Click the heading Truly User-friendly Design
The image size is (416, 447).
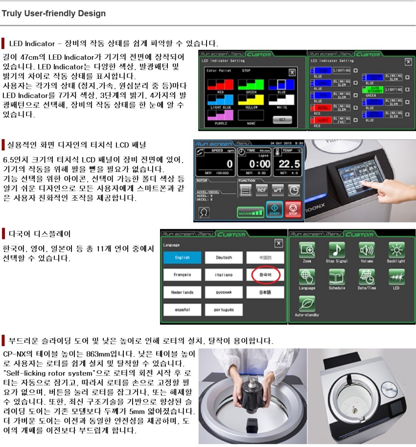click(54, 13)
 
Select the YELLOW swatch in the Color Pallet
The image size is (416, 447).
click(251, 99)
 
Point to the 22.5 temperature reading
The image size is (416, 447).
click(289, 164)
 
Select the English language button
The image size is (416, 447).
click(182, 258)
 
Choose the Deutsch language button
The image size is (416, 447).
click(224, 258)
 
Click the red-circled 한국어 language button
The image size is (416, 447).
click(265, 275)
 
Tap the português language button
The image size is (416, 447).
click(224, 309)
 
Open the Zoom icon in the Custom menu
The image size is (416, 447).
click(307, 251)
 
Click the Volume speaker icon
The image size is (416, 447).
click(367, 251)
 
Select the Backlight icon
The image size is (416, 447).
click(396, 251)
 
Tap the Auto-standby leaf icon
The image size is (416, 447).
click(307, 304)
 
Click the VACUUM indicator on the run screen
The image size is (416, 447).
click(250, 213)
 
